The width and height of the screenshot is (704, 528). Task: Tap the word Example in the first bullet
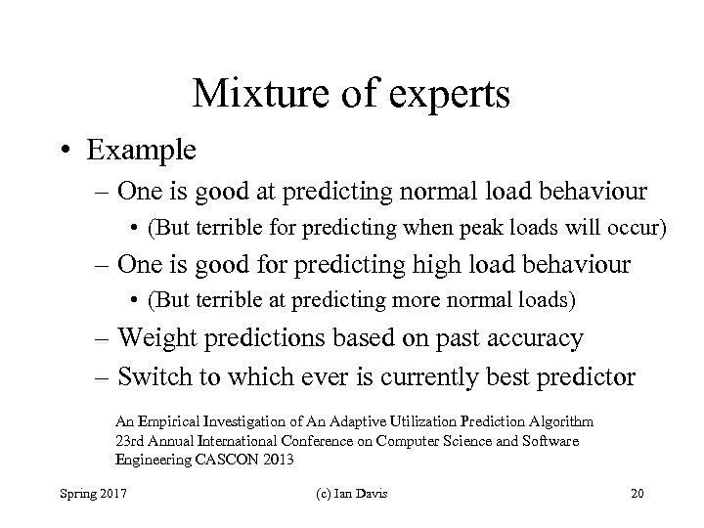142,151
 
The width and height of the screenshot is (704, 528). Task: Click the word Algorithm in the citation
558,421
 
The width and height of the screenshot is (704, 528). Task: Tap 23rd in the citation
129,440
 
